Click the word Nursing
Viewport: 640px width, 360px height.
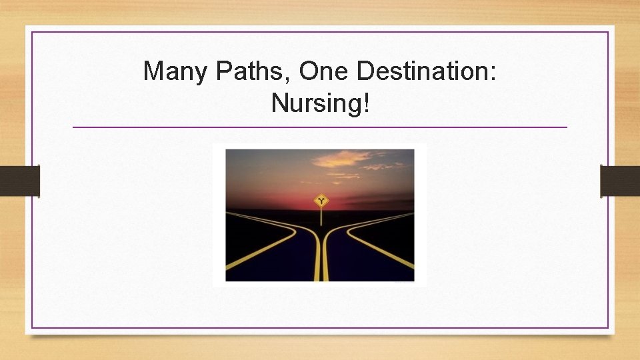coord(317,103)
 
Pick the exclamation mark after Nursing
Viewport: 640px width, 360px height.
coord(365,103)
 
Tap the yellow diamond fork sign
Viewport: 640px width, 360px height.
coord(322,199)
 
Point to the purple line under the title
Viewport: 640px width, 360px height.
coord(320,127)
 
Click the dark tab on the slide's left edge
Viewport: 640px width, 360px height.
coord(19,181)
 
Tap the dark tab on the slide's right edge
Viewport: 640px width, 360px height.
coord(620,181)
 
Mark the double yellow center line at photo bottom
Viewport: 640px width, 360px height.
coord(321,267)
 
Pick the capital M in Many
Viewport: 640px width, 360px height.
coord(154,71)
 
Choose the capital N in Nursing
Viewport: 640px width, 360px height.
coord(279,103)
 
